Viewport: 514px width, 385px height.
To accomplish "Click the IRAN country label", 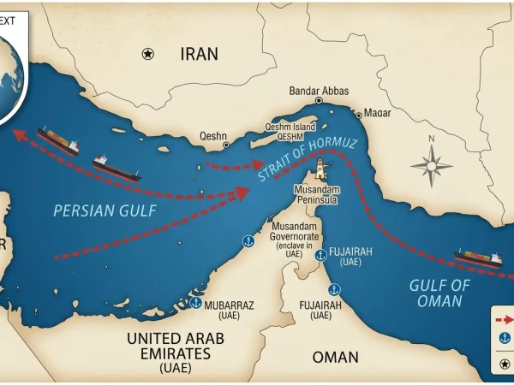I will click(x=199, y=54).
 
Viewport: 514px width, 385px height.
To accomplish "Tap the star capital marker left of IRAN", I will click(x=147, y=54).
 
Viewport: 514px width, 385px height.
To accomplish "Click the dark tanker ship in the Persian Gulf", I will click(x=117, y=167).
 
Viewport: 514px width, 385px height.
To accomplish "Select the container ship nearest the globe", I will click(x=57, y=141).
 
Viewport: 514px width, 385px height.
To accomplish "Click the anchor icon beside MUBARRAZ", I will click(x=195, y=303).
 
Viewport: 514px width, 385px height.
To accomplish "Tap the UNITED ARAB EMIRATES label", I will click(x=175, y=347).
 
